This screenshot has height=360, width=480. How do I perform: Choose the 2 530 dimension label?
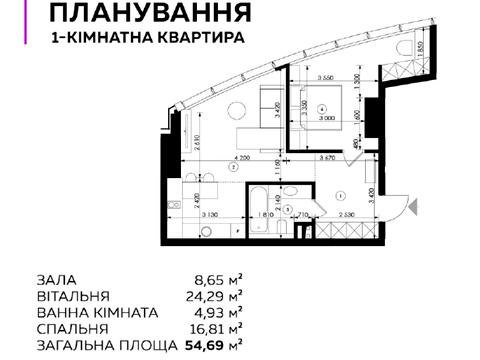pos(345,214)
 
